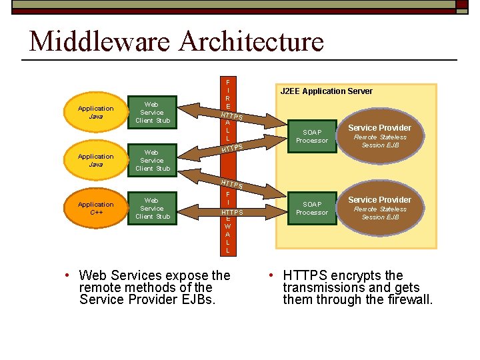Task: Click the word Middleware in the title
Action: (100, 41)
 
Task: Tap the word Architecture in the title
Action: (251, 41)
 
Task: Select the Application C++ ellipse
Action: (96, 209)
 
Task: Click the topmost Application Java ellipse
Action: (96, 113)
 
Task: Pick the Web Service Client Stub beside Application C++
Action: (153, 209)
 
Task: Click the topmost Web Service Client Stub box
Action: (153, 113)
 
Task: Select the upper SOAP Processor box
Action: (312, 137)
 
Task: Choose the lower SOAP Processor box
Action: (312, 209)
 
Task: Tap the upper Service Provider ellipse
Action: (379, 136)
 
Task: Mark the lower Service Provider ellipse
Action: (379, 208)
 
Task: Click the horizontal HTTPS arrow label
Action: (232, 213)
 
